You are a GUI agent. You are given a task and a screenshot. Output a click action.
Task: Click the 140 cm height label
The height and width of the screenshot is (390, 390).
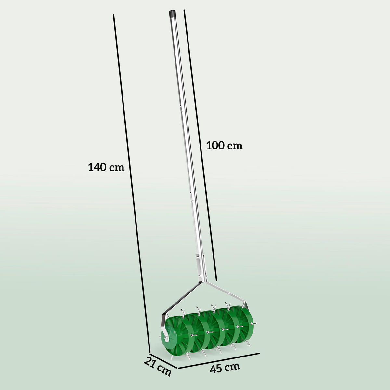click(106, 168)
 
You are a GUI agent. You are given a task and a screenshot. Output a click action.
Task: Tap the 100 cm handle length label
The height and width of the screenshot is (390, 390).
click(225, 146)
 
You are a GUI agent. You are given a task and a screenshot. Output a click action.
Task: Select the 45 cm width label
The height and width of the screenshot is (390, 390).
click(225, 368)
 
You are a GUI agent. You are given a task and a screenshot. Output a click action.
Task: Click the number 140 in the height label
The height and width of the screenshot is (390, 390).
click(97, 168)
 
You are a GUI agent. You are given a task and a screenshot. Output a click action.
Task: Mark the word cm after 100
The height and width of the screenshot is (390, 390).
click(235, 146)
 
